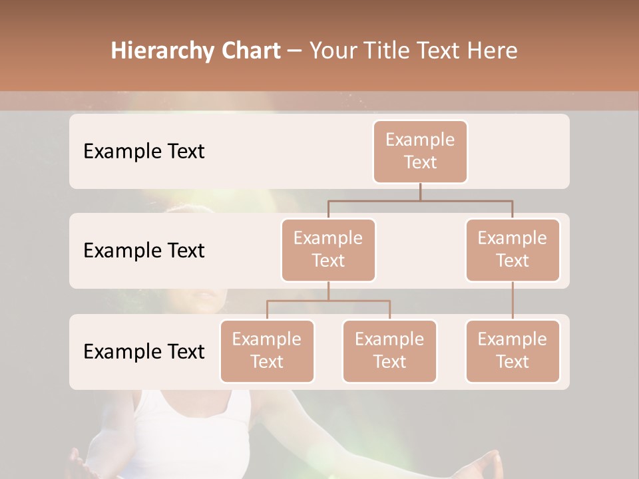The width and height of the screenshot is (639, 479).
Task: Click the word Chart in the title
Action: coord(250,51)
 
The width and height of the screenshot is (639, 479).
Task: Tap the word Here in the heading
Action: coord(493,51)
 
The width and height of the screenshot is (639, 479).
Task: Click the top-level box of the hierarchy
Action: coord(420,151)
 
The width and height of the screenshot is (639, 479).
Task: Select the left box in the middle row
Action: coord(328,249)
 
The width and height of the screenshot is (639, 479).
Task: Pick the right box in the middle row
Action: coord(513,249)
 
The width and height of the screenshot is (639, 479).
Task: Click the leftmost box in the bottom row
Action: coord(267,351)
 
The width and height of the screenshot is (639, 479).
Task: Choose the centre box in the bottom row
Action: coord(389,351)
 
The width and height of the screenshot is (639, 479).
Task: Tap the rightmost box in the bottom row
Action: coord(513,351)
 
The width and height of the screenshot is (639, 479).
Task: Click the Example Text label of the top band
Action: coord(144,151)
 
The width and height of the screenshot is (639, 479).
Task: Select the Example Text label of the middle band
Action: coord(144,250)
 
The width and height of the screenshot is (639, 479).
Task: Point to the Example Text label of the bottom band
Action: coord(144,351)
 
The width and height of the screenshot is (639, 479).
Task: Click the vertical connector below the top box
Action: coord(420,192)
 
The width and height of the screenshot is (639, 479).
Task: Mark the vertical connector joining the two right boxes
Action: coord(513,301)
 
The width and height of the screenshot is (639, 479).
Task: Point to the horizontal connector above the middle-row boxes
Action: coord(420,200)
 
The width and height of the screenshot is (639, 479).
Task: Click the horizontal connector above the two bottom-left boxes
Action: coord(328,301)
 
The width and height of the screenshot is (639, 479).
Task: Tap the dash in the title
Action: coord(295,51)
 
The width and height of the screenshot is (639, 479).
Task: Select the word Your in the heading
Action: coord(331,51)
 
